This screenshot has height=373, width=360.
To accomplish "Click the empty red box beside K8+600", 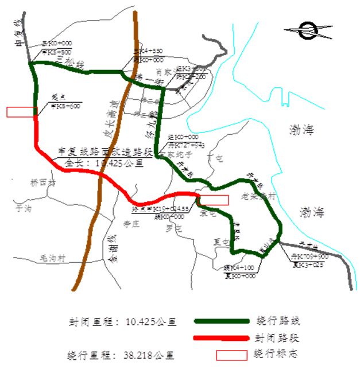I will [x=22, y=112].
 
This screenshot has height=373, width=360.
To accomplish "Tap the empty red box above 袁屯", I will [x=214, y=200].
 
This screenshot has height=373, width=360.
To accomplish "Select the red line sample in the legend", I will [x=222, y=337].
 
